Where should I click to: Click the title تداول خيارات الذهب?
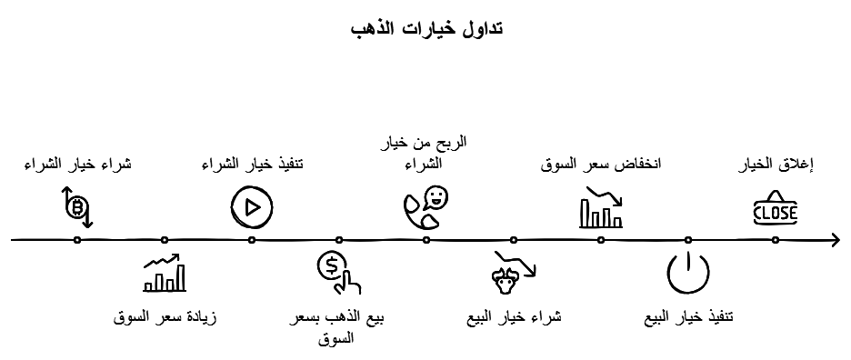pos(425,27)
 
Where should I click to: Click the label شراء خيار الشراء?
pos(77,164)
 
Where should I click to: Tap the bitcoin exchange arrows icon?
pos(77,207)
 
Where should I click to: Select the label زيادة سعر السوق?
pos(165,318)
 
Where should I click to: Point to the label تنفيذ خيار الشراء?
pos(252,164)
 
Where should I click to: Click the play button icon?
pos(252,207)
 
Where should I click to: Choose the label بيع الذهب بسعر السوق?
pos(338,327)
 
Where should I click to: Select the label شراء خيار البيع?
pos(514,318)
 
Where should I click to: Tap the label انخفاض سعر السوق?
pos(601,164)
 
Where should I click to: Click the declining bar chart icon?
pos(601,207)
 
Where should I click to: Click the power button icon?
pos(688,273)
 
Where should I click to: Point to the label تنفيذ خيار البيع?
pos(688,318)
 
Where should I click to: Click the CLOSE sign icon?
pos(776,208)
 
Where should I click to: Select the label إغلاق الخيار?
pos(776,164)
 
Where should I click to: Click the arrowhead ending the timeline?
pos(835,240)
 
